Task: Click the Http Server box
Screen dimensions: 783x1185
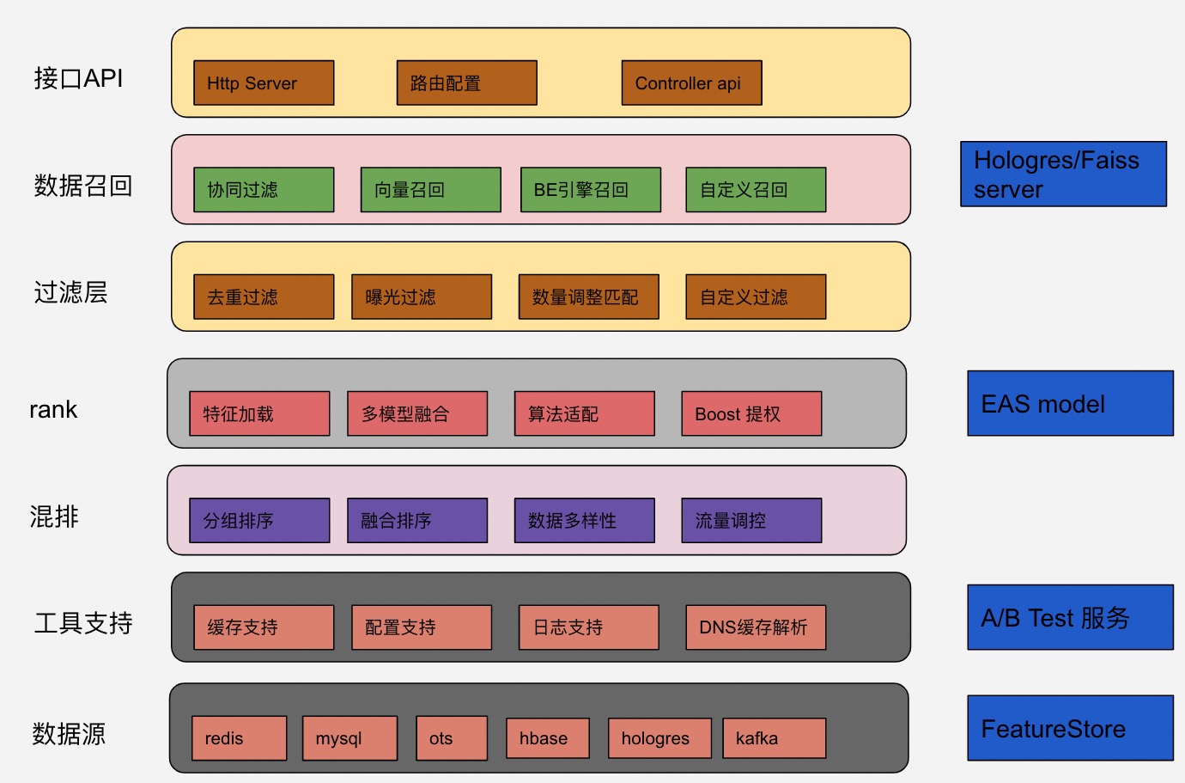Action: (x=264, y=83)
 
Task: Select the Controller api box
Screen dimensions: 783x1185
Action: (x=691, y=83)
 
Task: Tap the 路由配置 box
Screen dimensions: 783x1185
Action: (x=466, y=83)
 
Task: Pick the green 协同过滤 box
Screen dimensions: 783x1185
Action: (x=264, y=190)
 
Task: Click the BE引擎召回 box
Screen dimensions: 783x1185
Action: (x=591, y=190)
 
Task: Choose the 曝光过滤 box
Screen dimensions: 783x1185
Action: (x=422, y=297)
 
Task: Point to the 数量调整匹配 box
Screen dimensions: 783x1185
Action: (x=588, y=297)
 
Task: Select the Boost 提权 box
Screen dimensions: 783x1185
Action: (x=751, y=414)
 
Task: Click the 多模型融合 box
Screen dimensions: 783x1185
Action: (x=417, y=414)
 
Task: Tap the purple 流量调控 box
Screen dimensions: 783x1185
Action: (x=751, y=521)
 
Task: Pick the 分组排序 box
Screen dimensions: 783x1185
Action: (x=259, y=521)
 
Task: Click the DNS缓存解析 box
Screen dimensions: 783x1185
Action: (x=756, y=627)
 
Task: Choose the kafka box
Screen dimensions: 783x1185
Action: (x=775, y=738)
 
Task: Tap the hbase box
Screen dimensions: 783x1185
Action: (x=548, y=738)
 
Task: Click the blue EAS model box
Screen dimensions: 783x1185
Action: (x=1070, y=404)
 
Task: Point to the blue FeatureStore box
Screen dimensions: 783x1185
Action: (x=1070, y=729)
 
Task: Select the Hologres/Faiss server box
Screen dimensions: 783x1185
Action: (x=1063, y=174)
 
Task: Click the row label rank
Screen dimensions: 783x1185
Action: (x=53, y=410)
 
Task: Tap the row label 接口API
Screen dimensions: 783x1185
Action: (x=78, y=78)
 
